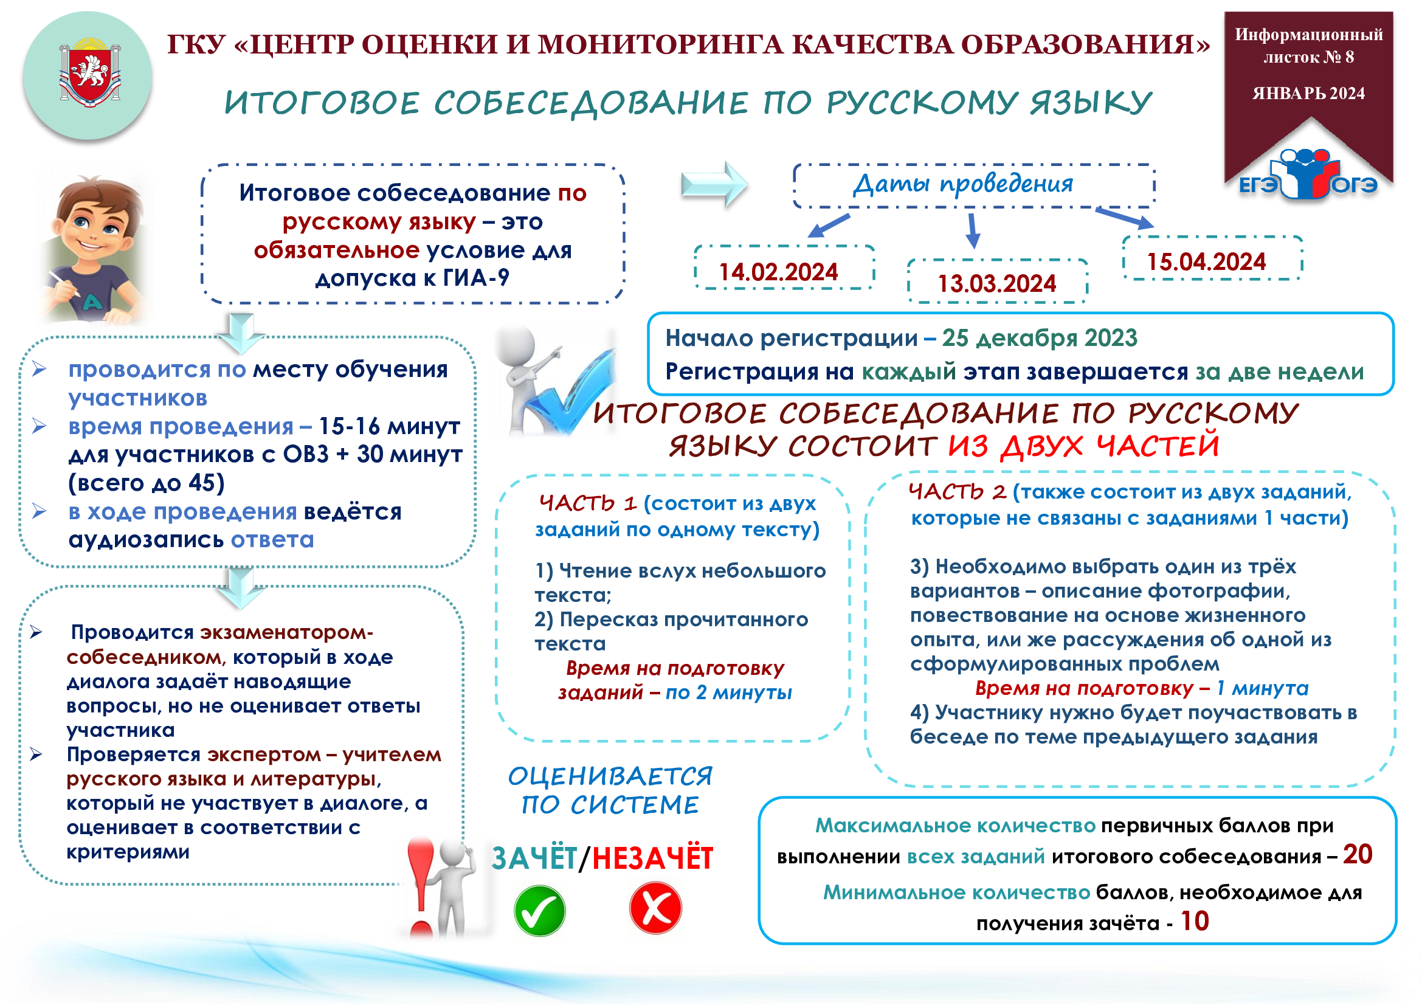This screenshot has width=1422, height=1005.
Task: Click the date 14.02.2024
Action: (778, 272)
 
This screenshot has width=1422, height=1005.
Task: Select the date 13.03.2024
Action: (996, 284)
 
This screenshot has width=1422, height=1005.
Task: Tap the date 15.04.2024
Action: (1206, 262)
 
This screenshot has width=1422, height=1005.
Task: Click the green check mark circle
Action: (539, 910)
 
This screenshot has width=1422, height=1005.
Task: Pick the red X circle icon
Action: (655, 908)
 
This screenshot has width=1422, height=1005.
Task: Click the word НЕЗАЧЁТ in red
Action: (653, 859)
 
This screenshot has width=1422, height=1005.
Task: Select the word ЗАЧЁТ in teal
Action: (534, 859)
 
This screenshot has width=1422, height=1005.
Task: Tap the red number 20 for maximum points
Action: (1358, 855)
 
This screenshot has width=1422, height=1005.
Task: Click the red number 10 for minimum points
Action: (1195, 922)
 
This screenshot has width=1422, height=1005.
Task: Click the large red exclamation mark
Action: (422, 885)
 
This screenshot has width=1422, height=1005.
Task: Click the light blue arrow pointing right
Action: (714, 184)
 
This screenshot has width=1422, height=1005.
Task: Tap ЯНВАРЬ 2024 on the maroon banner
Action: (1309, 94)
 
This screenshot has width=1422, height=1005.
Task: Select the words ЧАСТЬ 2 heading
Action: (958, 492)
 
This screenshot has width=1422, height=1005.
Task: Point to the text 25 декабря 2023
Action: (1040, 338)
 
